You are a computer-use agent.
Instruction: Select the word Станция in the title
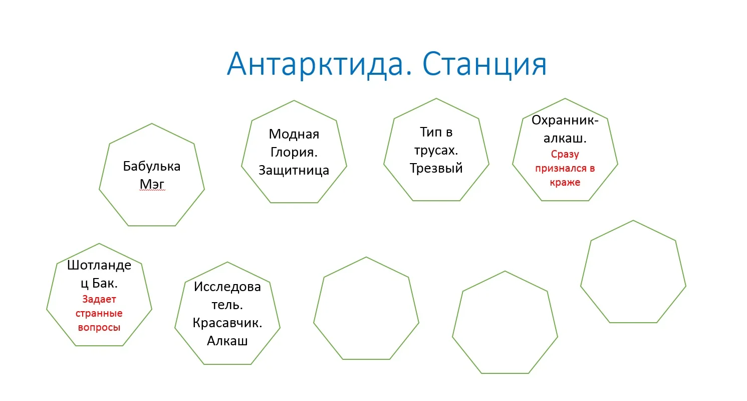click(x=484, y=64)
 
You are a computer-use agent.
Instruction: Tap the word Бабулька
click(x=152, y=166)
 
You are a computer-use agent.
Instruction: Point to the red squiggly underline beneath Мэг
click(x=152, y=191)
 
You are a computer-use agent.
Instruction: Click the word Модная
click(x=294, y=134)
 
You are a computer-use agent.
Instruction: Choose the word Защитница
click(x=294, y=170)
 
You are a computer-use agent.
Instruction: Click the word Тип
click(x=429, y=132)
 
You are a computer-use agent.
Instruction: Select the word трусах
click(x=435, y=150)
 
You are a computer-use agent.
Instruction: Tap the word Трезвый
click(x=436, y=168)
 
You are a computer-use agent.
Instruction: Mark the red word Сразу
click(x=565, y=155)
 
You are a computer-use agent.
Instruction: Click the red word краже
click(x=565, y=182)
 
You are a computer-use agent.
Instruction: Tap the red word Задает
click(x=99, y=300)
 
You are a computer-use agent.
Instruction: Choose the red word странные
click(x=99, y=314)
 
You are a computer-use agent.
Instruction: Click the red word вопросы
click(x=99, y=327)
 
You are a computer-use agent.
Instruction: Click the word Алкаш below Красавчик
click(x=227, y=341)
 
